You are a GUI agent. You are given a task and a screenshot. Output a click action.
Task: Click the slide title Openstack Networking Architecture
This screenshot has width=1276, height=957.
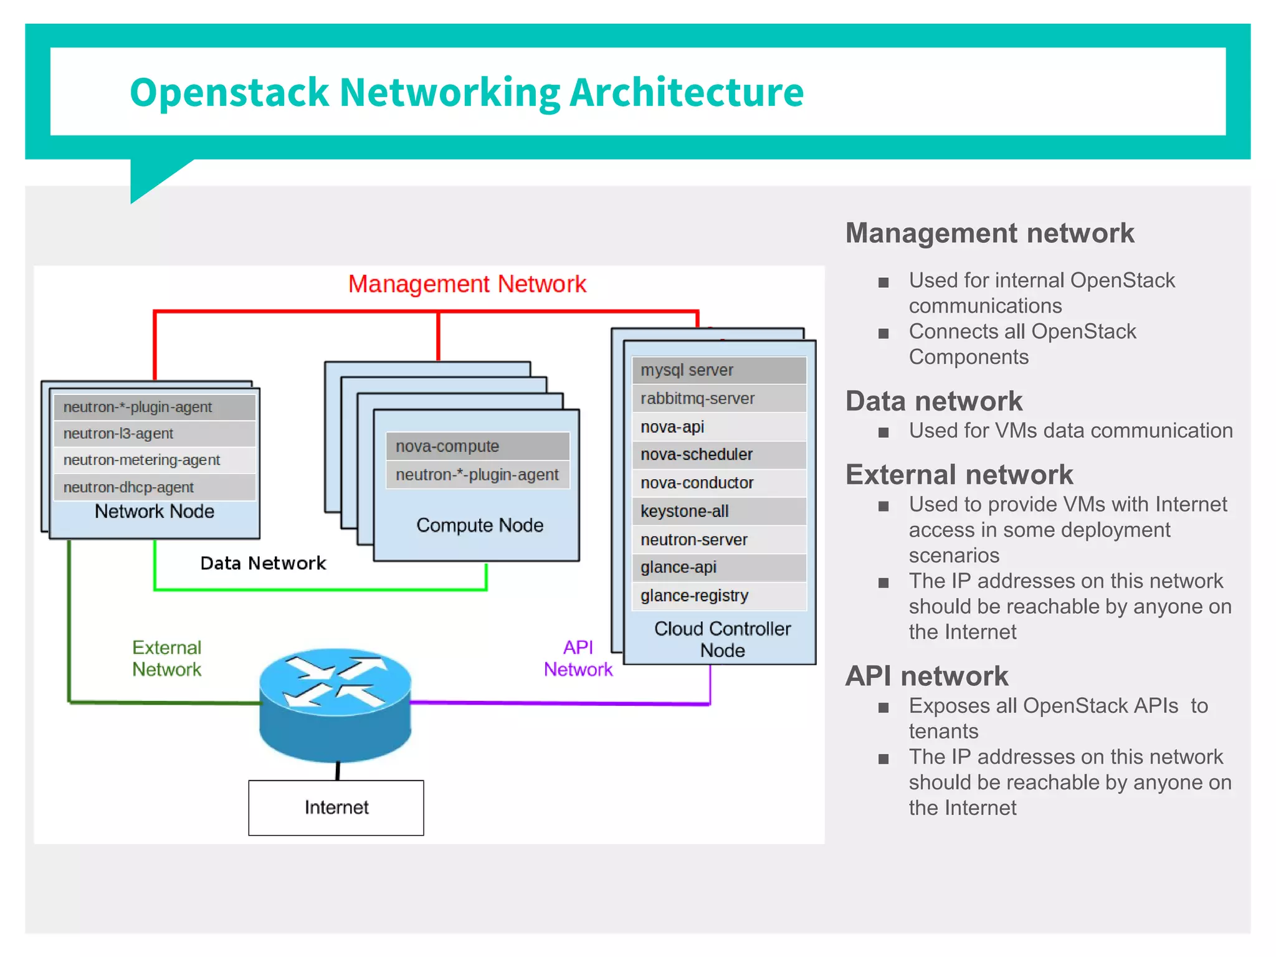[466, 92]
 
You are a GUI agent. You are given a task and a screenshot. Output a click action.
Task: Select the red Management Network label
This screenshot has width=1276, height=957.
[467, 284]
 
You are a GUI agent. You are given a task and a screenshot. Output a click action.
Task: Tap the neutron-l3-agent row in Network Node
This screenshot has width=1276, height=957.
[155, 434]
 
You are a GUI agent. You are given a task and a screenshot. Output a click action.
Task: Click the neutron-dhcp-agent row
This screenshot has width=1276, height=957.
[155, 487]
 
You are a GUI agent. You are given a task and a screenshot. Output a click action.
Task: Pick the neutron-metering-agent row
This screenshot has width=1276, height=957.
[155, 460]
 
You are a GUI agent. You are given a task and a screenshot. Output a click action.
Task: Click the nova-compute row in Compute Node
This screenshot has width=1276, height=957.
[477, 446]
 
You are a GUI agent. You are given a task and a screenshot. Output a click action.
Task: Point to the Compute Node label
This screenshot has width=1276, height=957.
[480, 525]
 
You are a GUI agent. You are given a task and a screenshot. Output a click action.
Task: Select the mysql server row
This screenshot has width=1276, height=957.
[719, 370]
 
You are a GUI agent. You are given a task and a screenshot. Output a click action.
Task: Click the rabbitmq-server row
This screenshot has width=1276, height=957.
[719, 399]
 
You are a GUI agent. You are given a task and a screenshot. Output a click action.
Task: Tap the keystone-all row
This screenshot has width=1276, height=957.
[719, 512]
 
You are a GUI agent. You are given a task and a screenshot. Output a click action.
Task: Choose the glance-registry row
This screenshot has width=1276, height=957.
[719, 596]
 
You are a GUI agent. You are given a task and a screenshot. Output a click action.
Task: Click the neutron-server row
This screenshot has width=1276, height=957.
[719, 540]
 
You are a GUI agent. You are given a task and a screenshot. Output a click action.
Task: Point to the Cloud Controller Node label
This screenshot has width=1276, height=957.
[722, 639]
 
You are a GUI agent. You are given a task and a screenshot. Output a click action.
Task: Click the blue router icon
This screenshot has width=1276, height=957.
[335, 704]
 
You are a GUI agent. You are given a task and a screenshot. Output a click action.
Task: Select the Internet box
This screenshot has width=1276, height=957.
[336, 807]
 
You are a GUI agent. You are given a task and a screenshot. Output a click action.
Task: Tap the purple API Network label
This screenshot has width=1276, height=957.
[578, 659]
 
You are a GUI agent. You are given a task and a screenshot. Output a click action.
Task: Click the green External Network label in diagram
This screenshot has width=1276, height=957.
[166, 659]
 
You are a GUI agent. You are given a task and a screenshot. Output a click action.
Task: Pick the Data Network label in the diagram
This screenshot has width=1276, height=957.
[263, 563]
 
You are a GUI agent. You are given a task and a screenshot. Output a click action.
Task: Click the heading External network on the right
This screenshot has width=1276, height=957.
[959, 475]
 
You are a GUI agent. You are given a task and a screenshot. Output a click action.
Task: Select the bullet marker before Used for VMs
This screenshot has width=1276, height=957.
[883, 432]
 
